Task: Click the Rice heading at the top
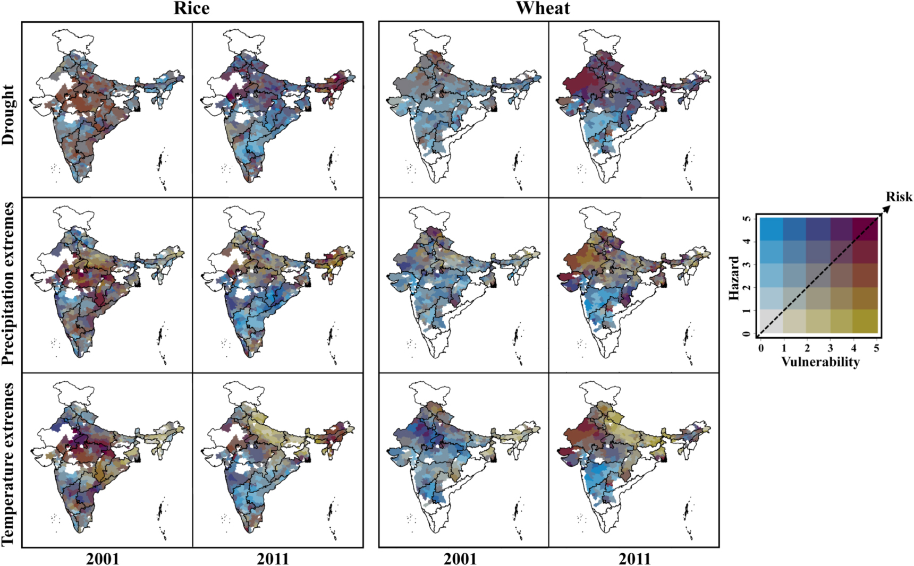[192, 8]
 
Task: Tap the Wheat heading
[543, 8]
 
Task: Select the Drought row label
[9, 115]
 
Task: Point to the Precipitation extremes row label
[9, 284]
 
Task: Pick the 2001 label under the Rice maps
[103, 559]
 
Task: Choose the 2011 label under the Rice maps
[273, 559]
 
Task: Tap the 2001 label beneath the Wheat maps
[460, 559]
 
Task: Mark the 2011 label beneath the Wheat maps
[634, 559]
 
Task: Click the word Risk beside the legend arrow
[899, 197]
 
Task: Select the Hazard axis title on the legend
[734, 278]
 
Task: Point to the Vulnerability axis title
[820, 362]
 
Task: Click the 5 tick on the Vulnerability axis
[877, 348]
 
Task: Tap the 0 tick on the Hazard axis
[747, 333]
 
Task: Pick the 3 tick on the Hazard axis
[747, 264]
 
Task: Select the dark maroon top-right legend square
[865, 229]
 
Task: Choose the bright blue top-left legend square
[771, 229]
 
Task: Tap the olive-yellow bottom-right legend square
[865, 321]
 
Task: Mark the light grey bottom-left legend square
[771, 321]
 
